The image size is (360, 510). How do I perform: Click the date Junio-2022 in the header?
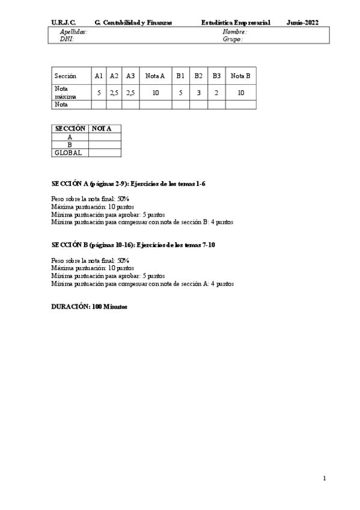point(303,22)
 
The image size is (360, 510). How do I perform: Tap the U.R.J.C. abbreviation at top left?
point(63,22)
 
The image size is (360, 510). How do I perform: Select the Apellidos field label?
point(73,31)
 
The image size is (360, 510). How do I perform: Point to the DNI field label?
point(66,39)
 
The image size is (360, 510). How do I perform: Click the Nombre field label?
point(234,31)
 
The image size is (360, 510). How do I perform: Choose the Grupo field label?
point(233,39)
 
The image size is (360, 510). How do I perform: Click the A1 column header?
point(99,76)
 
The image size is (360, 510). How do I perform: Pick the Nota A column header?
point(155,76)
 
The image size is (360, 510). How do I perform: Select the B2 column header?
point(198,76)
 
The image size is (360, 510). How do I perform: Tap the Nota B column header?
point(240,76)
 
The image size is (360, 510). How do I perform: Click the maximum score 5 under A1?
point(99,92)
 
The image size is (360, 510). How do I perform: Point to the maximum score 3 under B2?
point(198,92)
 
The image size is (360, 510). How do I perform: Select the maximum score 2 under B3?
point(216,92)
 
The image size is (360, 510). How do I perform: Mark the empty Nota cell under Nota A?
point(155,104)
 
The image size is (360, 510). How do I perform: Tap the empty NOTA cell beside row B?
point(105,145)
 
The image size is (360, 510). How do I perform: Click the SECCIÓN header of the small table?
point(70,129)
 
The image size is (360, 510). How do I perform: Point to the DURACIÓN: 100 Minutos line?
point(89,306)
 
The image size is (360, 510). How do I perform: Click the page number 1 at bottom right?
point(324,479)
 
